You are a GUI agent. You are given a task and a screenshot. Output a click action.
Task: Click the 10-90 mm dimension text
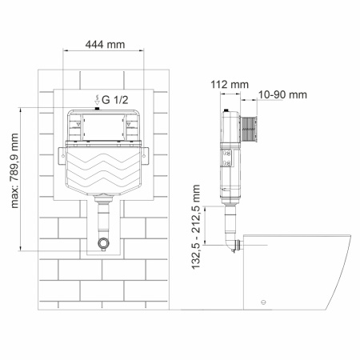[283, 94]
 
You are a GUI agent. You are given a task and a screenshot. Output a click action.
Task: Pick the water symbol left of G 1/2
[97, 99]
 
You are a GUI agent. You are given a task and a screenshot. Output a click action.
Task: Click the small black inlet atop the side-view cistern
[228, 110]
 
